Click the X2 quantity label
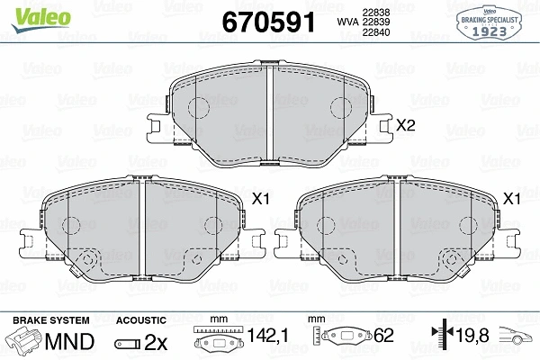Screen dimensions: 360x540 click(x=405, y=126)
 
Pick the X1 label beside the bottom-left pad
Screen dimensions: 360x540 click(x=261, y=199)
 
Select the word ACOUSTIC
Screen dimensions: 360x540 click(x=141, y=320)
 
